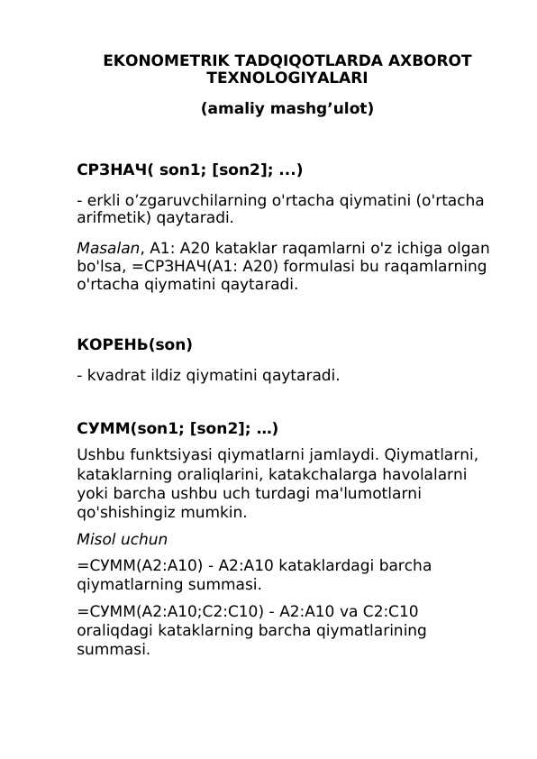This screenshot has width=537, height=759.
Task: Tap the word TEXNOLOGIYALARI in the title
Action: [x=287, y=78]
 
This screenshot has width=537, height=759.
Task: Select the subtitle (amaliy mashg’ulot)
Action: [x=287, y=108]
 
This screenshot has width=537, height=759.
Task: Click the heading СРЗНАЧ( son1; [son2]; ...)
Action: [x=189, y=169]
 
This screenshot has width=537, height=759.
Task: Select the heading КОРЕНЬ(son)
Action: [x=134, y=344]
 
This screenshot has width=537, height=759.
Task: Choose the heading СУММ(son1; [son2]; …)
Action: [x=177, y=428]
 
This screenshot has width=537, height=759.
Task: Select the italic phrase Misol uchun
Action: [x=122, y=539]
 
